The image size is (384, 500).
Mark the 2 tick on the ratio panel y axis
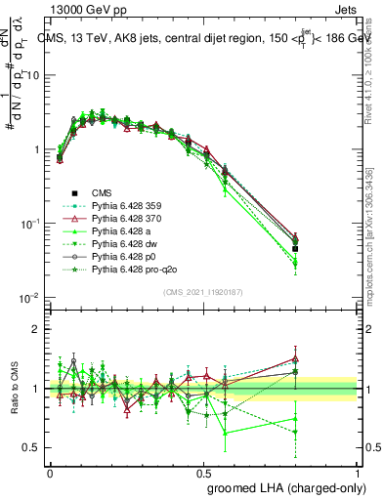[x=36, y=329]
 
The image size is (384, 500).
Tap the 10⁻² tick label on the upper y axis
[x=30, y=296]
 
